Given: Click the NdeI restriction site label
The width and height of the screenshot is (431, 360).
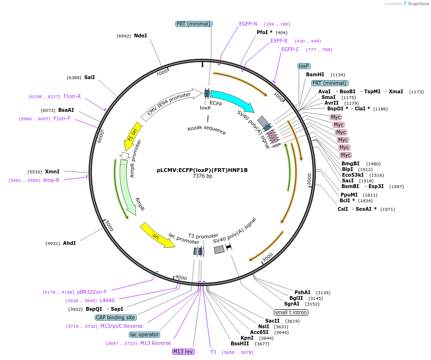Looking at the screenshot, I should [141, 36].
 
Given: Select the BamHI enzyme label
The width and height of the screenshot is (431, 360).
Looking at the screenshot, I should [315, 74].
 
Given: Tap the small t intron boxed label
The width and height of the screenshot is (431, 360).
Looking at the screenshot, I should [291, 312].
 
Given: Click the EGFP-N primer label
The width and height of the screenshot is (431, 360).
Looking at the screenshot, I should [248, 24].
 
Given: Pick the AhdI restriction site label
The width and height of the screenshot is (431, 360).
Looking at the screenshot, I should [69, 243].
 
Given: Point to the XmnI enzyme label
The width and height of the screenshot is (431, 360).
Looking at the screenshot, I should [52, 171].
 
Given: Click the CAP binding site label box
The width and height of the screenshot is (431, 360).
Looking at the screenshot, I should [116, 317].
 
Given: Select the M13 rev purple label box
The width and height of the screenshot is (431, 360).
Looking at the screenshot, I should [183, 351].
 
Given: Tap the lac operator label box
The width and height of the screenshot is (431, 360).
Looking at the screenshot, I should [144, 334].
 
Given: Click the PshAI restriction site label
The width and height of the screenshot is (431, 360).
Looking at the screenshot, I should [303, 292].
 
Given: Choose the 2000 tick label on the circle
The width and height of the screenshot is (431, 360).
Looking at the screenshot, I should [309, 179].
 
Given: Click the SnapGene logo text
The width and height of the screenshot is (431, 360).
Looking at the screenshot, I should [417, 4].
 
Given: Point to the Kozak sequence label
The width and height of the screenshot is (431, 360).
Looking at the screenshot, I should [207, 130].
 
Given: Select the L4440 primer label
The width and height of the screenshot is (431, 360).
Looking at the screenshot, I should [107, 300].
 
